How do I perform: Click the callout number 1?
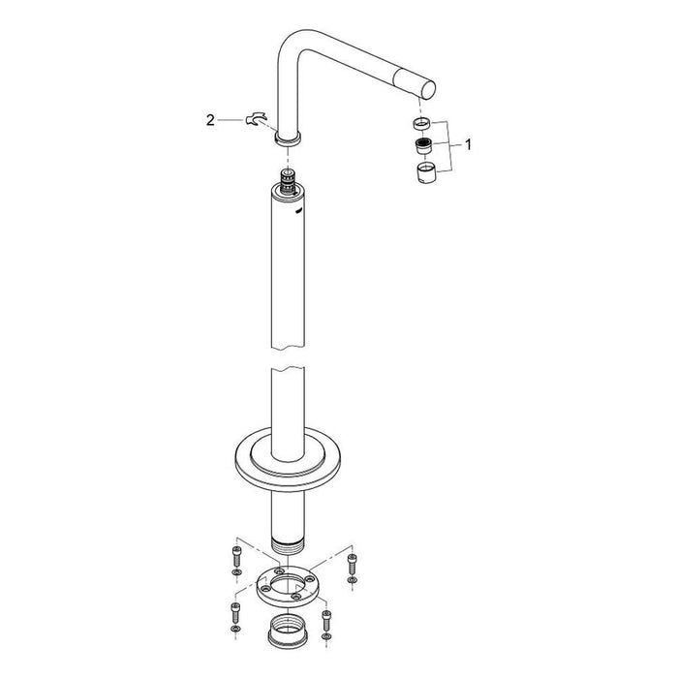click(x=468, y=144)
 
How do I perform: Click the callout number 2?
click(x=210, y=120)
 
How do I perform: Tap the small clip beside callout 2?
click(x=256, y=118)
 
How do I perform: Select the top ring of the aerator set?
click(x=422, y=124)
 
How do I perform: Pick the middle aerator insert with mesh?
click(x=424, y=146)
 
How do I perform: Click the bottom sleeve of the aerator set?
click(x=427, y=172)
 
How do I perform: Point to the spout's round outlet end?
click(x=427, y=90)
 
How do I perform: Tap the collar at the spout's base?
click(x=288, y=139)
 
